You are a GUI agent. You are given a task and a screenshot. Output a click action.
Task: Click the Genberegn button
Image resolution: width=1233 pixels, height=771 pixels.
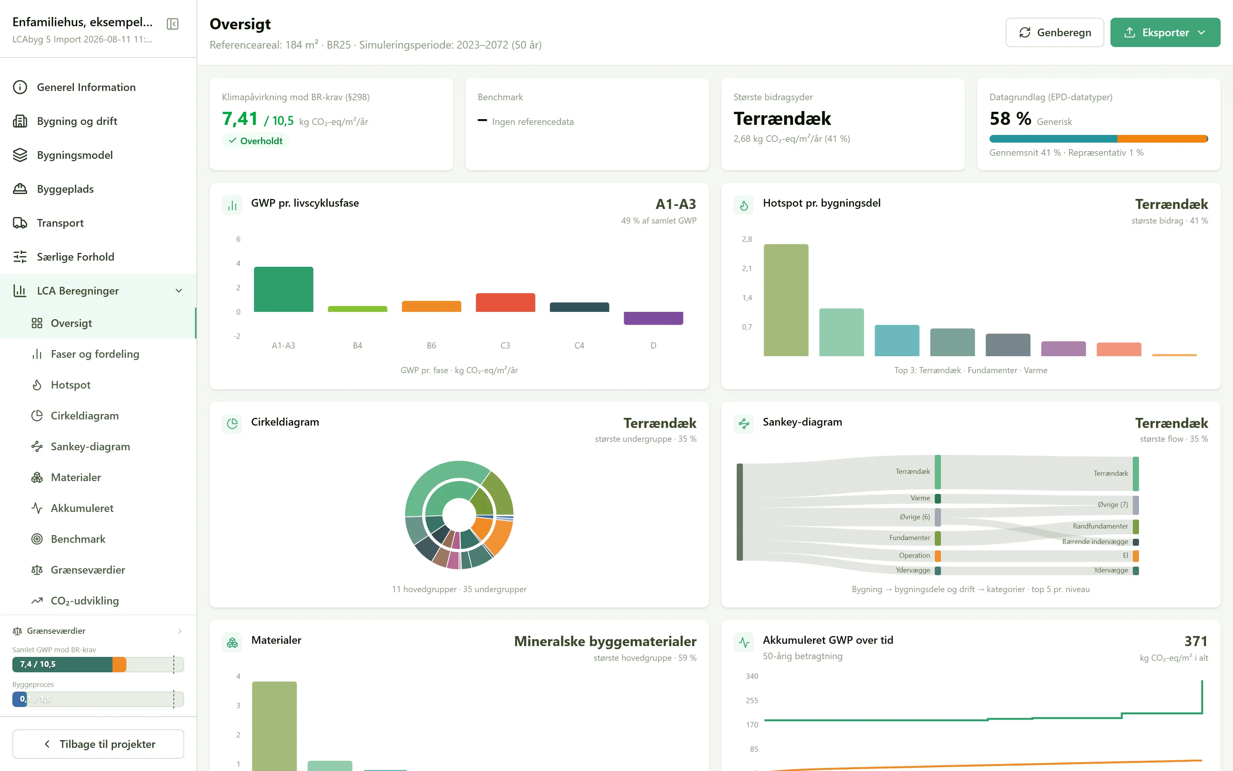pyautogui.click(x=1054, y=33)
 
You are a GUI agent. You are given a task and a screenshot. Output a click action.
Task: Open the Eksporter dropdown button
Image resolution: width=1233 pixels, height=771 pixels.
pyautogui.click(x=1165, y=33)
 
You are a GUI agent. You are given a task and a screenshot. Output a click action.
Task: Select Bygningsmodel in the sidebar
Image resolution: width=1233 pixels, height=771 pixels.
pyautogui.click(x=75, y=155)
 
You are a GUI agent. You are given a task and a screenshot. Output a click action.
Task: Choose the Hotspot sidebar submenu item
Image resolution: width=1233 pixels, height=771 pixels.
pyautogui.click(x=71, y=385)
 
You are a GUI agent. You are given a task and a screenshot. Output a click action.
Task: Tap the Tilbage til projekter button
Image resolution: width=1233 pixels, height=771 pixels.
pyautogui.click(x=98, y=744)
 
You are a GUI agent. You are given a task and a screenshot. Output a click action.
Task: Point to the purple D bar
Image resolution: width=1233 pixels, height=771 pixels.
pyautogui.click(x=653, y=318)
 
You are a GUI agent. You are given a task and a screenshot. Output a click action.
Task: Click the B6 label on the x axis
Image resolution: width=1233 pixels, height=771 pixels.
pyautogui.click(x=431, y=346)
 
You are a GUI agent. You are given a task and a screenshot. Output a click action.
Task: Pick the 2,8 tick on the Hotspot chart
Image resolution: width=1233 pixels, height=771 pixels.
pyautogui.click(x=747, y=239)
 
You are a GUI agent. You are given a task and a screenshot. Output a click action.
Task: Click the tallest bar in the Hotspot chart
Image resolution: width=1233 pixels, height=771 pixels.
pyautogui.click(x=786, y=300)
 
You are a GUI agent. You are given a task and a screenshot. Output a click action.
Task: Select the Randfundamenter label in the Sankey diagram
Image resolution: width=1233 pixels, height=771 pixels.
pyautogui.click(x=1100, y=526)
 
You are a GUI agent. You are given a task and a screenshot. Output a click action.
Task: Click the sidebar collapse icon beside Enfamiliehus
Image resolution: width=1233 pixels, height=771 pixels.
pyautogui.click(x=173, y=24)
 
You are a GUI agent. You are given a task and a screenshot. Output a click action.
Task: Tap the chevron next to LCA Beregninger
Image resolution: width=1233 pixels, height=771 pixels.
pyautogui.click(x=179, y=291)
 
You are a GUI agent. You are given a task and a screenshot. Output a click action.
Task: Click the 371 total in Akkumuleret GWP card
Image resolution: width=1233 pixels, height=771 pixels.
pyautogui.click(x=1196, y=641)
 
